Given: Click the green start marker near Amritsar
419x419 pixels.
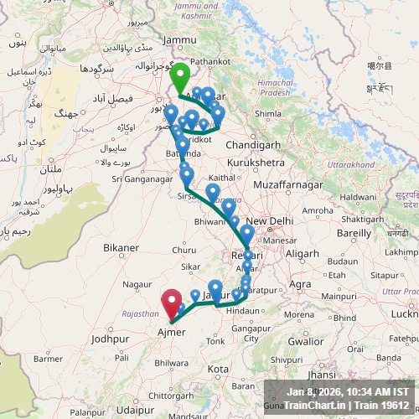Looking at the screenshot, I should pos(179,80).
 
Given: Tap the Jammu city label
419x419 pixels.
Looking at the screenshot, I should pos(179,39).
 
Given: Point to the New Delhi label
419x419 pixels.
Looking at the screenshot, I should pos(269,221).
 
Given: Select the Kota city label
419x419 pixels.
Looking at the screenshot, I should pos(218,369).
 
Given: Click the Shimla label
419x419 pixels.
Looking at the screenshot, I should pos(267,113).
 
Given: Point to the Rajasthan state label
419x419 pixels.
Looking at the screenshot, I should pos(140,313).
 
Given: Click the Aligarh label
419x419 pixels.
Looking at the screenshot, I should pos(300,253).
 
